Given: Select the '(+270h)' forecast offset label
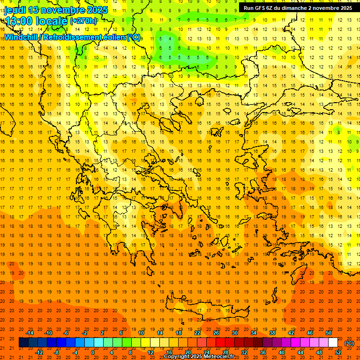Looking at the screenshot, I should pyautogui.click(x=83, y=21).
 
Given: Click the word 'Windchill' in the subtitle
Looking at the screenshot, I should pyautogui.click(x=22, y=37).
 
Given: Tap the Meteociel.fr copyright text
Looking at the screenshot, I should pyautogui.click(x=202, y=357).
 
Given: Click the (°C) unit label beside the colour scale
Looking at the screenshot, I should pyautogui.click(x=349, y=343).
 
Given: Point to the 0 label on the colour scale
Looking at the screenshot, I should pyautogui.click(x=93, y=352).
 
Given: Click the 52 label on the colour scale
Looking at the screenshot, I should pyautogui.click(x=338, y=352).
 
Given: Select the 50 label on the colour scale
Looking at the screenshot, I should pyautogui.click(x=329, y=333).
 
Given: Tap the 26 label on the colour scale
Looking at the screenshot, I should pyautogui.click(x=216, y=333).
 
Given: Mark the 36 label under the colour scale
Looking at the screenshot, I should pyautogui.click(x=263, y=352).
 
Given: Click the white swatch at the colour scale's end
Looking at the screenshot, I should pyautogui.click(x=333, y=343).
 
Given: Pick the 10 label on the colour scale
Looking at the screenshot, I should pyautogui.click(x=141, y=333).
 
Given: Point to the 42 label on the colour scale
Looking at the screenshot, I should pyautogui.click(x=291, y=333).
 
